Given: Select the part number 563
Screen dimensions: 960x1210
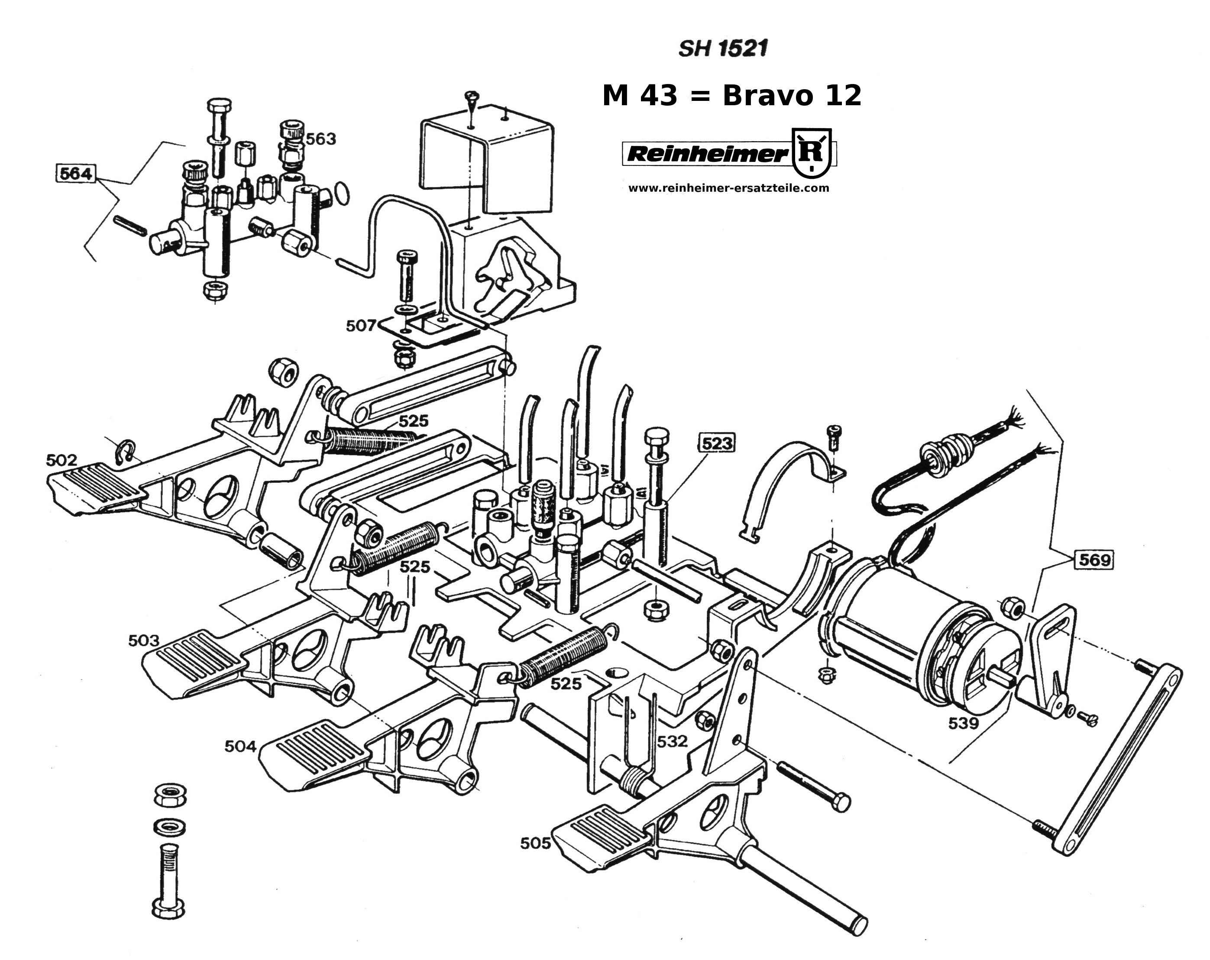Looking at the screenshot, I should pos(320,139).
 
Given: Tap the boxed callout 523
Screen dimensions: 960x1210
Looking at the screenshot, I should pos(717,443).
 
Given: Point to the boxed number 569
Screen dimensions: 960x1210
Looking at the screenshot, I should pos(1094,559).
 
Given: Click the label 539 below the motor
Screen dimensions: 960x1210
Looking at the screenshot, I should pos(963,723).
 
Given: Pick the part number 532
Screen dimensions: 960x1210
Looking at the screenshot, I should pos(672,741).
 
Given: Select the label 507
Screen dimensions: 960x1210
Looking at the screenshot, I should pos(360,326).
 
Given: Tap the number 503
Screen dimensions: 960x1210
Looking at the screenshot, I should pos(144,640).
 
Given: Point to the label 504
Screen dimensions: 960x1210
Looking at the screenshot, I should pos(240,746).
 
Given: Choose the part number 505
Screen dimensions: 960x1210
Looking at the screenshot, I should pos(535,843).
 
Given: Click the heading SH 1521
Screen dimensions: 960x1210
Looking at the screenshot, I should pos(722,49).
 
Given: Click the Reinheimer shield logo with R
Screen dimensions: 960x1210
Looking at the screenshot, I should pos(811,152).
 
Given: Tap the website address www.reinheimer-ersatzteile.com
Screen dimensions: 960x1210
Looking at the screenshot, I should pos(728,188).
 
